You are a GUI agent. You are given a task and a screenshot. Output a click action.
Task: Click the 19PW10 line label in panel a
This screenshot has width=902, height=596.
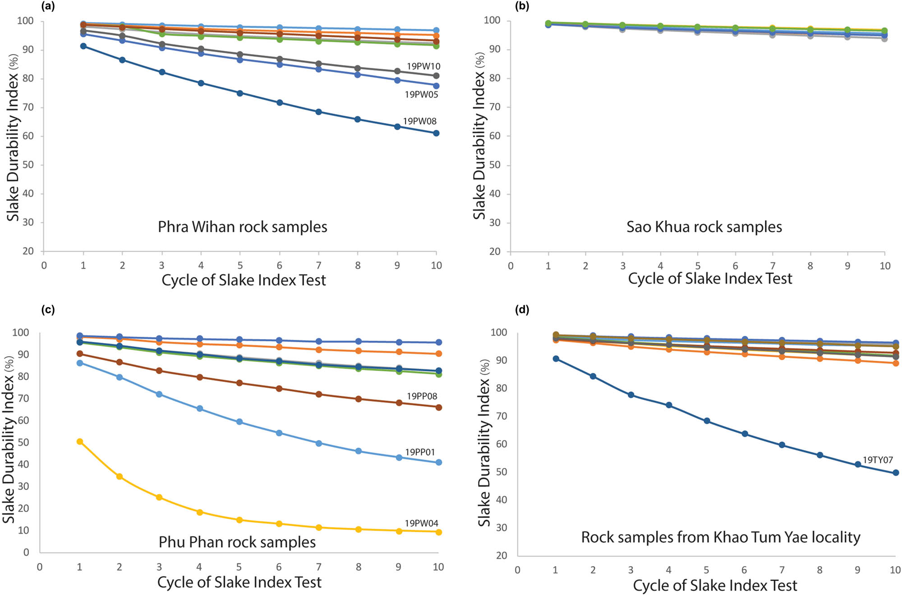click(x=423, y=66)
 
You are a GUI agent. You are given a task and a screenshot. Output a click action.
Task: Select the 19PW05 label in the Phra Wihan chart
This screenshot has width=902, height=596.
click(x=421, y=95)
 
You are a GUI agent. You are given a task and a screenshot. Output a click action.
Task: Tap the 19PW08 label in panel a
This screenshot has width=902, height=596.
click(x=419, y=121)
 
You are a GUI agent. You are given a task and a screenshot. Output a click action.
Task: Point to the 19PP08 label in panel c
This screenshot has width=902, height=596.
click(x=422, y=396)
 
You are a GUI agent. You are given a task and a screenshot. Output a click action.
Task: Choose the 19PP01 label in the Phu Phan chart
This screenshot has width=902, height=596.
click(x=420, y=452)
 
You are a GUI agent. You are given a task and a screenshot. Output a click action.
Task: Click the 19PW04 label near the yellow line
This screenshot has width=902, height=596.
click(x=421, y=523)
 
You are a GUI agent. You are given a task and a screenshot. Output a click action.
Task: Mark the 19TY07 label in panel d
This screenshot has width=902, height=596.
click(x=878, y=460)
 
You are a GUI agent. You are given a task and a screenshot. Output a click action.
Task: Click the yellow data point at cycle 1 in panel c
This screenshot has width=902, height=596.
click(x=80, y=442)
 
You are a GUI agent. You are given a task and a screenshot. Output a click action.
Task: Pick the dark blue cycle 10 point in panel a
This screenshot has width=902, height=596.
click(x=436, y=133)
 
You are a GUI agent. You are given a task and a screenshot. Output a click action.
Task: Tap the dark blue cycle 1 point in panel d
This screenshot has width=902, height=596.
click(x=556, y=359)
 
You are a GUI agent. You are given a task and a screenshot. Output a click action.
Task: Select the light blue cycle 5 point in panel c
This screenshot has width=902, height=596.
click(x=239, y=422)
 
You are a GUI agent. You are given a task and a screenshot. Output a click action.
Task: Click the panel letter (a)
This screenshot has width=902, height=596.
click(x=48, y=6)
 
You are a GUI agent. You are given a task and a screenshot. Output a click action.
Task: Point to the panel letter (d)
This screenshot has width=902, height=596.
click(x=522, y=310)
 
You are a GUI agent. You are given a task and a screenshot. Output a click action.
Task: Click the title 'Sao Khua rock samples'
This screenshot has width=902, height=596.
click(x=704, y=227)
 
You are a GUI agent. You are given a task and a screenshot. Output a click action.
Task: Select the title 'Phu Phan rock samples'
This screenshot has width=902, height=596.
click(x=237, y=542)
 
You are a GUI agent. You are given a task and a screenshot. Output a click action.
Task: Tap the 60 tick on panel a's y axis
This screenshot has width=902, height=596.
click(x=28, y=136)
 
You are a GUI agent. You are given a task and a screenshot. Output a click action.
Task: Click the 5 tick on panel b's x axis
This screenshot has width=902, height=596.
click(x=698, y=266)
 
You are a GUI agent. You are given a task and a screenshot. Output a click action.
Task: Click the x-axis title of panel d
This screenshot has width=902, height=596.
click(x=715, y=585)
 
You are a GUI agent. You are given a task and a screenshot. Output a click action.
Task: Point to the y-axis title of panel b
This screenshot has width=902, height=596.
click(x=479, y=135)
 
